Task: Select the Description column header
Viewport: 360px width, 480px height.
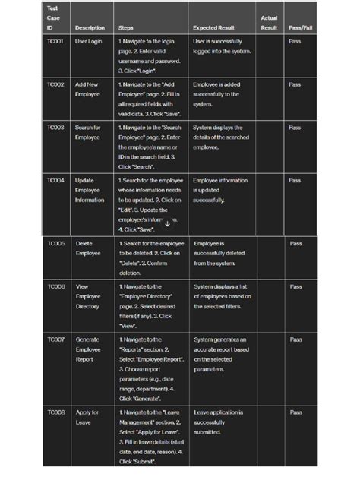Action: pyautogui.click(x=90, y=28)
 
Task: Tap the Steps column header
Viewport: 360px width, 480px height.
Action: pyautogui.click(x=126, y=28)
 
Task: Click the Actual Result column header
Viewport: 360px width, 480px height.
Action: pyautogui.click(x=269, y=23)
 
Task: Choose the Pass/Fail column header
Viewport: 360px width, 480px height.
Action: pyautogui.click(x=300, y=28)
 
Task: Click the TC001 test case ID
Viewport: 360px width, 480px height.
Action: pyautogui.click(x=55, y=42)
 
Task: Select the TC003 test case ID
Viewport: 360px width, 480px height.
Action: pyautogui.click(x=55, y=128)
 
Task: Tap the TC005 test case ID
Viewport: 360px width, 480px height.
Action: pyautogui.click(x=56, y=244)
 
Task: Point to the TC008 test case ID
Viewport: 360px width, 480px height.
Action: pyautogui.click(x=56, y=412)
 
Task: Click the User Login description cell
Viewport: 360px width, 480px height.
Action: pyautogui.click(x=88, y=42)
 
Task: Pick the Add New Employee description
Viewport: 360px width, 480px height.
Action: pyautogui.click(x=87, y=90)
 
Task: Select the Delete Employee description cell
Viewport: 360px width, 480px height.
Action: pyautogui.click(x=87, y=248)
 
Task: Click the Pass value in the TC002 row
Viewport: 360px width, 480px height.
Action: pyautogui.click(x=295, y=85)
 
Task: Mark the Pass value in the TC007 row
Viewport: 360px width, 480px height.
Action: pyautogui.click(x=296, y=339)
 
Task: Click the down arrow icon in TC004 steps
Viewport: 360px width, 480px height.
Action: pyautogui.click(x=168, y=223)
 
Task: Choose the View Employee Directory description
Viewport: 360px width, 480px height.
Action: pyautogui.click(x=88, y=296)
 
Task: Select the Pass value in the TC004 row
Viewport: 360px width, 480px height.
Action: pyautogui.click(x=295, y=181)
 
